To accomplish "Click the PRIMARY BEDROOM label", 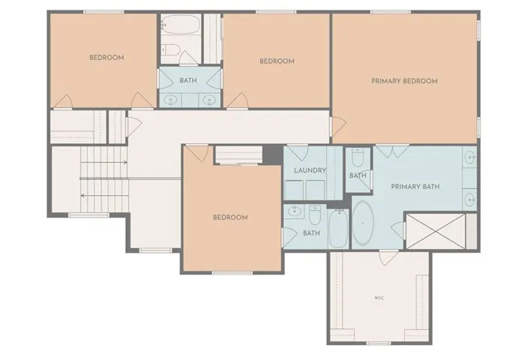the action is [404, 81].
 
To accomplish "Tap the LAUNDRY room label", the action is [310, 170].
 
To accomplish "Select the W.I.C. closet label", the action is [379, 298].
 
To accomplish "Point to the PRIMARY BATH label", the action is [415, 187].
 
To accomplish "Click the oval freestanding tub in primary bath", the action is [363, 223].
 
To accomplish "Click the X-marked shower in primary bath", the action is [436, 231].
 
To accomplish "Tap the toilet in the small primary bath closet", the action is [357, 157].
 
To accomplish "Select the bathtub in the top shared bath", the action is [181, 24].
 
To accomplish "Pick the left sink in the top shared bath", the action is [170, 100].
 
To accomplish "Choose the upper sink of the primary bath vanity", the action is [469, 157].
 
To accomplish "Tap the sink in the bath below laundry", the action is [295, 211].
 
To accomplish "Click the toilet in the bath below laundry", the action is [315, 215].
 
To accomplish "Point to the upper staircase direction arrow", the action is [103, 163].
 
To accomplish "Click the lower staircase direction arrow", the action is [104, 195].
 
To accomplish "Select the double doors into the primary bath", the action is [392, 151].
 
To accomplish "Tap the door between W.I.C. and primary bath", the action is [388, 257].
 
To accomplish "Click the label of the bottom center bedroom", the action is [231, 217].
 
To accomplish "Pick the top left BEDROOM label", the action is [106, 58].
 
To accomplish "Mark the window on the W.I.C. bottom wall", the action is [379, 343].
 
